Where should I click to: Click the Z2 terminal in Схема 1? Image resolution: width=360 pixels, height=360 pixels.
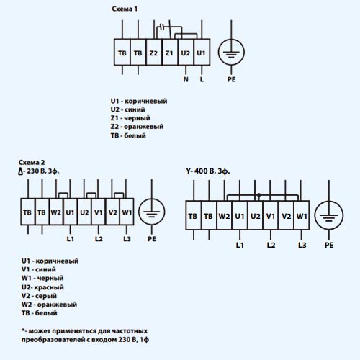tap(154, 52)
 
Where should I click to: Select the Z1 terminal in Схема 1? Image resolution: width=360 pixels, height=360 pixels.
tap(170, 52)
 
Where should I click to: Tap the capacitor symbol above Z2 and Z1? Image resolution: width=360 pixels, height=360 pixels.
tap(162, 27)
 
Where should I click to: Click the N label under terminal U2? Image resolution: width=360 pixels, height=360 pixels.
tap(186, 79)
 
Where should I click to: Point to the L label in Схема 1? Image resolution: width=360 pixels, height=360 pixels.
tap(202, 79)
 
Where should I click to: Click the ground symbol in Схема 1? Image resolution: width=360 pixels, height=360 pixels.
tap(231, 52)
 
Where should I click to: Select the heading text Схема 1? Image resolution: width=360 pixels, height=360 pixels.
tap(125, 9)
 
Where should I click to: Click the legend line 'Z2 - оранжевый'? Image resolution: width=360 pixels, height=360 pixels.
tap(137, 127)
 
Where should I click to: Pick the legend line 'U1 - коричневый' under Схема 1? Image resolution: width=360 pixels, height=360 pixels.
tap(139, 101)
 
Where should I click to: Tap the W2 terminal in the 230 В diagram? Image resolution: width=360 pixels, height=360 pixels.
tap(56, 212)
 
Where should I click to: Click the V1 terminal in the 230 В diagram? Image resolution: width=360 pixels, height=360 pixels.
tap(98, 212)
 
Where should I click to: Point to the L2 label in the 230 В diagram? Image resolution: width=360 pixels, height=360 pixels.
tap(99, 239)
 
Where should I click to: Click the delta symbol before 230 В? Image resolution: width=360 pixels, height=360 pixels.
tap(21, 171)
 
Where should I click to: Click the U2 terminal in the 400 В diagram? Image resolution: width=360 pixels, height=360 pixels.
tap(255, 215)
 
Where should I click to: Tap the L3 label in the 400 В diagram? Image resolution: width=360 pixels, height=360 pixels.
tap(302, 245)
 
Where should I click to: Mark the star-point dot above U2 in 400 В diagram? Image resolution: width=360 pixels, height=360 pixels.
tap(258, 195)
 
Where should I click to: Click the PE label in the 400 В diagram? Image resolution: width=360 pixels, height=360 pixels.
tap(329, 245)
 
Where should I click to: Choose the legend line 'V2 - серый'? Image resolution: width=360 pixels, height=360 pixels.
tap(39, 296)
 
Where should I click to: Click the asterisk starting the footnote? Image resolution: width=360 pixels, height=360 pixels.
tap(23, 330)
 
